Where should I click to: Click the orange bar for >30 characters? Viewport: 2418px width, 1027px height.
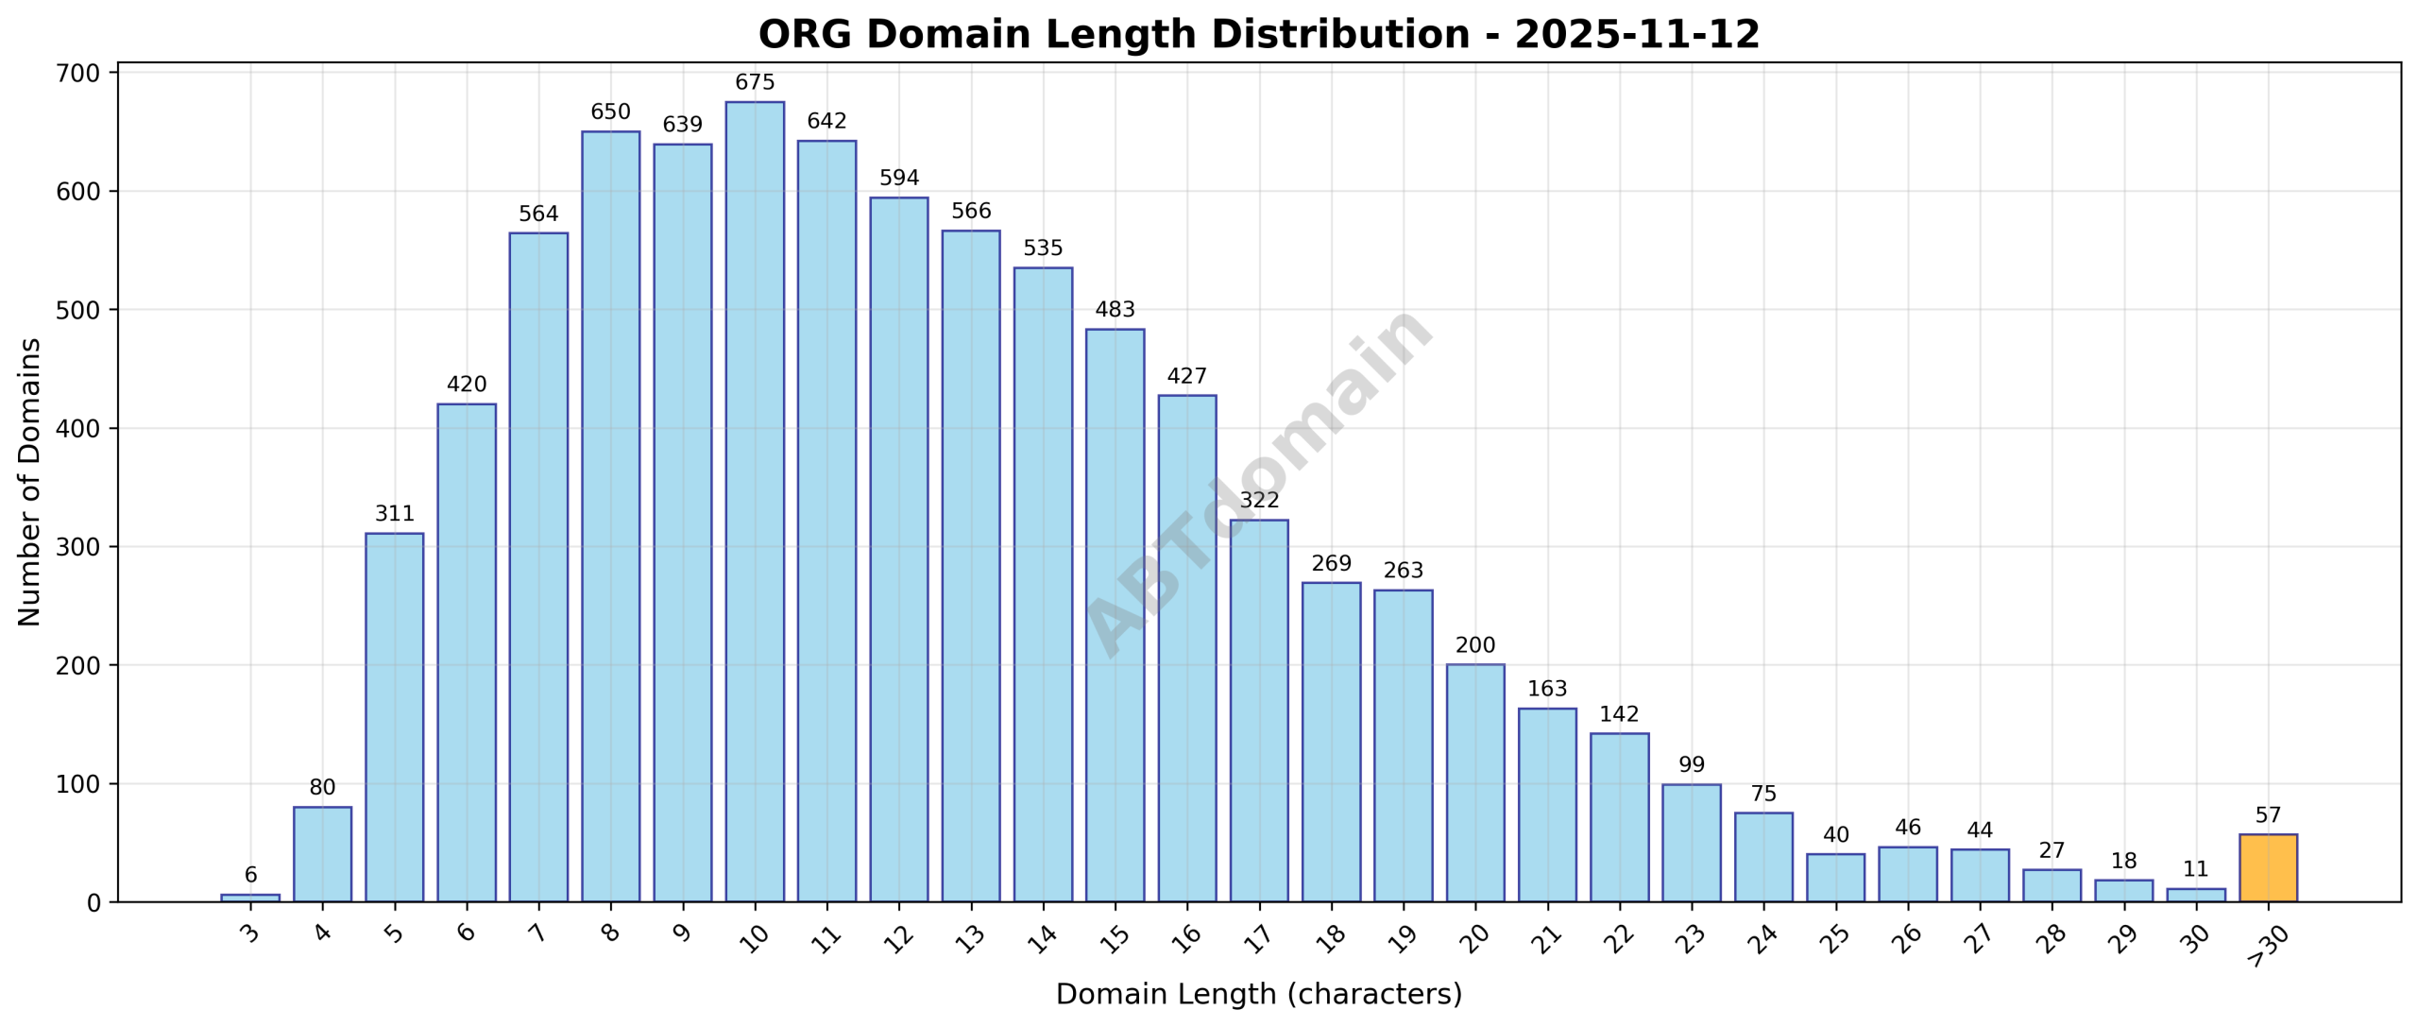2268,868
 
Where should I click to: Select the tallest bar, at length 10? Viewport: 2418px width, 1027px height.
755,502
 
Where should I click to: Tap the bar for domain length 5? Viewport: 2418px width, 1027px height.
394,717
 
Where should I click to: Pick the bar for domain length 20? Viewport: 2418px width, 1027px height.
1474,783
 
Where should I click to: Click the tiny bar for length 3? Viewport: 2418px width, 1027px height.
250,898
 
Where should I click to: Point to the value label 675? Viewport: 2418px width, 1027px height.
755,82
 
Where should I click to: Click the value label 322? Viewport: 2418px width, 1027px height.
1259,500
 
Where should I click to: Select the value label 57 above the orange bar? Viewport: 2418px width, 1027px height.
2268,815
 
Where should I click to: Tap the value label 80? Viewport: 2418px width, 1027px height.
322,787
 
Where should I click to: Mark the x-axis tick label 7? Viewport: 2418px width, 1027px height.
538,934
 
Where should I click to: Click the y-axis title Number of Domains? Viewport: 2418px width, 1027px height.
29,482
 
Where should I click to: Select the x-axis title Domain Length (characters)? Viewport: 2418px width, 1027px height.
1258,994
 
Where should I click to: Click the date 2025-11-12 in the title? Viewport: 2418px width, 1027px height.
1637,35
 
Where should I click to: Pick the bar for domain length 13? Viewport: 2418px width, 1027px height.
970,566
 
